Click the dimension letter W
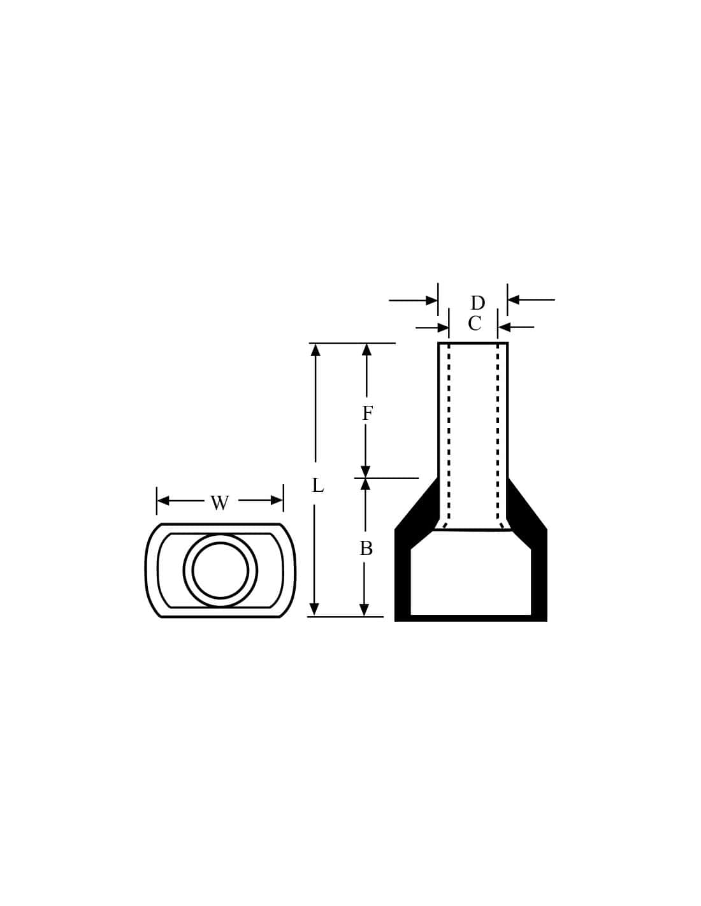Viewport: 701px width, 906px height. click(x=219, y=503)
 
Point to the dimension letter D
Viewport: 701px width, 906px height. click(x=478, y=303)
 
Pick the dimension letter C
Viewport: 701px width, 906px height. click(x=475, y=324)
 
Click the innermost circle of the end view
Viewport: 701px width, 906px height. click(x=220, y=570)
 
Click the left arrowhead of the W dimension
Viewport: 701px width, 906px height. click(x=163, y=500)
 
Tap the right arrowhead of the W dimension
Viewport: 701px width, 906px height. click(x=277, y=500)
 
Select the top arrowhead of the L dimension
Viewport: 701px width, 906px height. click(x=315, y=350)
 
